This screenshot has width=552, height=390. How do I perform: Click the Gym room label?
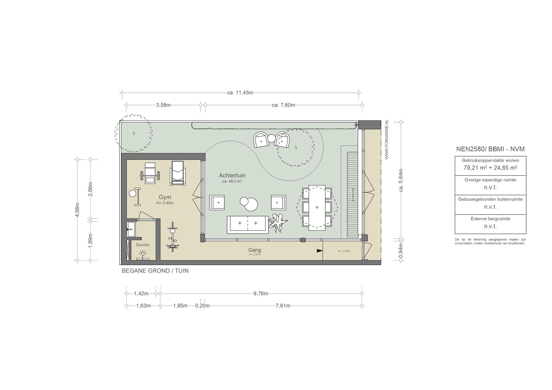165,197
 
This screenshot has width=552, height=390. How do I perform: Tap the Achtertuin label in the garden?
232,176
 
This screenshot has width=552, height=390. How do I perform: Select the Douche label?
143,245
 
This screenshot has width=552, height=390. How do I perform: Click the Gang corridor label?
255,250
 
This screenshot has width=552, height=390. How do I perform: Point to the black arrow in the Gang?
320,251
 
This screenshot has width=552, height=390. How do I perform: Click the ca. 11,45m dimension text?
240,93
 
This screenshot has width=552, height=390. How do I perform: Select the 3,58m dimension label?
163,105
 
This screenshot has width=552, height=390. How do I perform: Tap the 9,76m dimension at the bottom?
261,294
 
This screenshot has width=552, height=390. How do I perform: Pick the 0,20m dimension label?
202,306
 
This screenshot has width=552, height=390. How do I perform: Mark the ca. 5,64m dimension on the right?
401,180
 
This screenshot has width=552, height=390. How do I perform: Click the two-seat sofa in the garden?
248,225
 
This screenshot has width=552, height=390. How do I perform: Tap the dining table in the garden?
317,208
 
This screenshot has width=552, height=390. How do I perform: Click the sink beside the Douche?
131,229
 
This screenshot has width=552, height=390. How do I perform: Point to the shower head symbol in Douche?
143,253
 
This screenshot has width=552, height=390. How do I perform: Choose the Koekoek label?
353,194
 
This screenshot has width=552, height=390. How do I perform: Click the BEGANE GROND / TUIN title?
155,271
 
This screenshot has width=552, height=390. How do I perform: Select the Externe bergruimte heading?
491,219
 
